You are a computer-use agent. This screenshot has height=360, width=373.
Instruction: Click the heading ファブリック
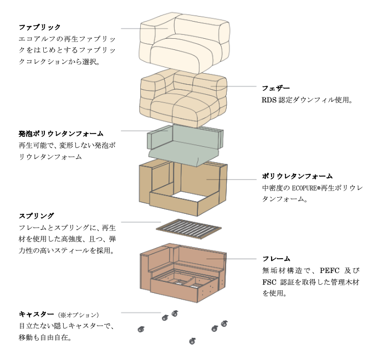(x=39, y=27)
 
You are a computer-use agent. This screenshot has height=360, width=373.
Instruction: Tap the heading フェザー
(x=275, y=88)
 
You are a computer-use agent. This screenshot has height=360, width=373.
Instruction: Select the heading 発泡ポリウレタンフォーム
(x=60, y=134)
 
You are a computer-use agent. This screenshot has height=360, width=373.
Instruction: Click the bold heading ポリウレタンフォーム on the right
(x=297, y=177)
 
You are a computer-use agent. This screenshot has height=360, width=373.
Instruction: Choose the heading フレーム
(x=276, y=259)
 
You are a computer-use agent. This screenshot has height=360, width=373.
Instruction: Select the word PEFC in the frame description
(x=327, y=271)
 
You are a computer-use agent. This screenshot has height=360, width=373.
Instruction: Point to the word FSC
(x=270, y=282)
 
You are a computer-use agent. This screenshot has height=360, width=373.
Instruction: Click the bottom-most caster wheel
(x=192, y=340)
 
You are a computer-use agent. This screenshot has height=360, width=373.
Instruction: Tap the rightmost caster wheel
(x=224, y=323)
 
